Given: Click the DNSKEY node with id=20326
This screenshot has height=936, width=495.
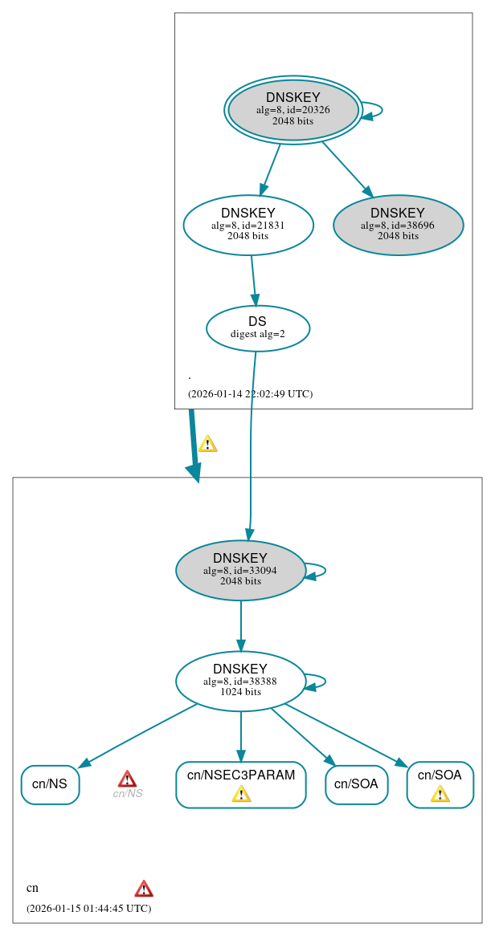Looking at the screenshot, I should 292,110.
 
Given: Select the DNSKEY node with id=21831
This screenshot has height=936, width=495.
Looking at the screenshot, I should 247,225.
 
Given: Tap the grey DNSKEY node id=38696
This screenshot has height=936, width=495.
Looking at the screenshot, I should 398,225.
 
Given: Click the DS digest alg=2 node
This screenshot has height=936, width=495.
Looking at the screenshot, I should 257,328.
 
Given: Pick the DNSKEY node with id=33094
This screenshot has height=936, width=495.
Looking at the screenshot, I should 240,570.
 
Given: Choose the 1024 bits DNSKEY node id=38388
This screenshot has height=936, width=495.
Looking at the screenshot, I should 240,681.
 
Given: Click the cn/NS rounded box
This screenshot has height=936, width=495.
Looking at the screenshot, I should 50,784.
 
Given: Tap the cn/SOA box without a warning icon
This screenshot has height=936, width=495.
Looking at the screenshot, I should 356,784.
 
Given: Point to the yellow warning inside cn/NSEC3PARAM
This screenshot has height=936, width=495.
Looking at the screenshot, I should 241,794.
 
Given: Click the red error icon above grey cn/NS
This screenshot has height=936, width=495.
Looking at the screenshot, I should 127,779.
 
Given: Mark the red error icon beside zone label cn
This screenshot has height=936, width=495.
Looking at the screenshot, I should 144,888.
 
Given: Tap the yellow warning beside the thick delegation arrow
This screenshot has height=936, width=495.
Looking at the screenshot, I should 207,443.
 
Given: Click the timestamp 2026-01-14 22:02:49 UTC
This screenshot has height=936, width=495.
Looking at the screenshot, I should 250,394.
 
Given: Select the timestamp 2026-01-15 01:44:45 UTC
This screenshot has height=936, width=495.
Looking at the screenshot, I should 88,908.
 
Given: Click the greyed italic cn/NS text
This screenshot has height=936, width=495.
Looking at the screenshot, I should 127,794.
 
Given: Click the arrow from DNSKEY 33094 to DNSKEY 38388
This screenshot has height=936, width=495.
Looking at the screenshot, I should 240,625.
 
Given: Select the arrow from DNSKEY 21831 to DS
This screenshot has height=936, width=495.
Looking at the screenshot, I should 253,280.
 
